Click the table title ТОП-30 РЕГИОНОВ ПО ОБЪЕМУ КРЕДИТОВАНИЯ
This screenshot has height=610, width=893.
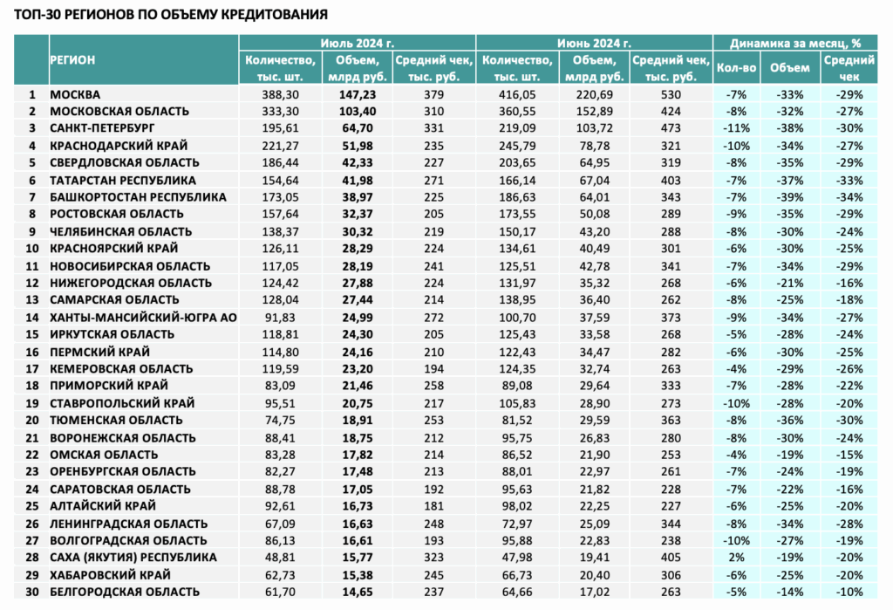(171, 14)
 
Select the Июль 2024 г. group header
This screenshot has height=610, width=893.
(357, 43)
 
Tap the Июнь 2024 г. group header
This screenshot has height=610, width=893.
(594, 43)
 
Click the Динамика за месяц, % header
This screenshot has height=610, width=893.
(795, 43)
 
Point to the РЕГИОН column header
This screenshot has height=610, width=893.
(72, 60)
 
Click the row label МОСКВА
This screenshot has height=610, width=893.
(75, 94)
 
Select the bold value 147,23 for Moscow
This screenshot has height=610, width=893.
(358, 94)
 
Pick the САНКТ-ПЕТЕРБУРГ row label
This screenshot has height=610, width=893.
(103, 128)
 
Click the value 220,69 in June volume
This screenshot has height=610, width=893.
(595, 94)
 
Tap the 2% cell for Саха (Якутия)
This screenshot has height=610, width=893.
(736, 558)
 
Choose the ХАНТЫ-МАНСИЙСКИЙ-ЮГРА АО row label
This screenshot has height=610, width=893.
(144, 318)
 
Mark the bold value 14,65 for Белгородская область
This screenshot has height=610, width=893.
(358, 593)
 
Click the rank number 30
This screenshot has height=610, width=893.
(32, 593)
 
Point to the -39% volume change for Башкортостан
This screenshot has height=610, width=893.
(790, 197)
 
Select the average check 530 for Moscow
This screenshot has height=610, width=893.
(671, 94)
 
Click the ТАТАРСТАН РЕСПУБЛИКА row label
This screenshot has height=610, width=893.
(123, 181)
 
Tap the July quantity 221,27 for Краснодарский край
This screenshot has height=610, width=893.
(280, 146)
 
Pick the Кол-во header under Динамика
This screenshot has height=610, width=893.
(736, 68)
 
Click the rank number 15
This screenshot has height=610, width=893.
(32, 334)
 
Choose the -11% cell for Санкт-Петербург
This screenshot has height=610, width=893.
(736, 128)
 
